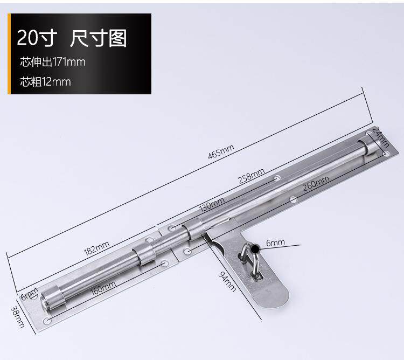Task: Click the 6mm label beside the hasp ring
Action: [x=275, y=243]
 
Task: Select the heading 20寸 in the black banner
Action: [x=36, y=38]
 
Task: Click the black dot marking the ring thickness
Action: [x=254, y=246]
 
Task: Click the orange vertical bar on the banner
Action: [x=9, y=53]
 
